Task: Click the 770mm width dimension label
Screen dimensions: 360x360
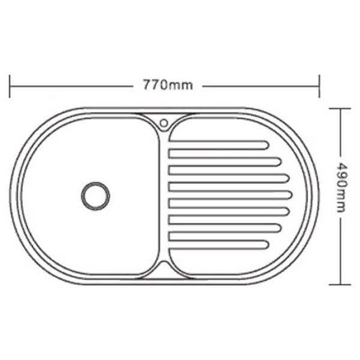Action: click(x=168, y=85)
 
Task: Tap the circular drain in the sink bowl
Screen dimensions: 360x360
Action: click(x=95, y=196)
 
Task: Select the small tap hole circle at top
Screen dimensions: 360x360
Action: click(x=164, y=123)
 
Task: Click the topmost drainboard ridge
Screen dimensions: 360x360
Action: click(x=218, y=145)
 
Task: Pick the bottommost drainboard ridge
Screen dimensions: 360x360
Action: click(x=218, y=245)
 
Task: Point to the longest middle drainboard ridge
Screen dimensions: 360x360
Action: click(x=230, y=195)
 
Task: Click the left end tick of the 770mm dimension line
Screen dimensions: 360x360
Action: click(x=10, y=86)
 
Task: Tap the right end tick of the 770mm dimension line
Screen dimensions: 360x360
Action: click(x=319, y=86)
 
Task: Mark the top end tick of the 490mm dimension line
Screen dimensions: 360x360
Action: click(x=340, y=109)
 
